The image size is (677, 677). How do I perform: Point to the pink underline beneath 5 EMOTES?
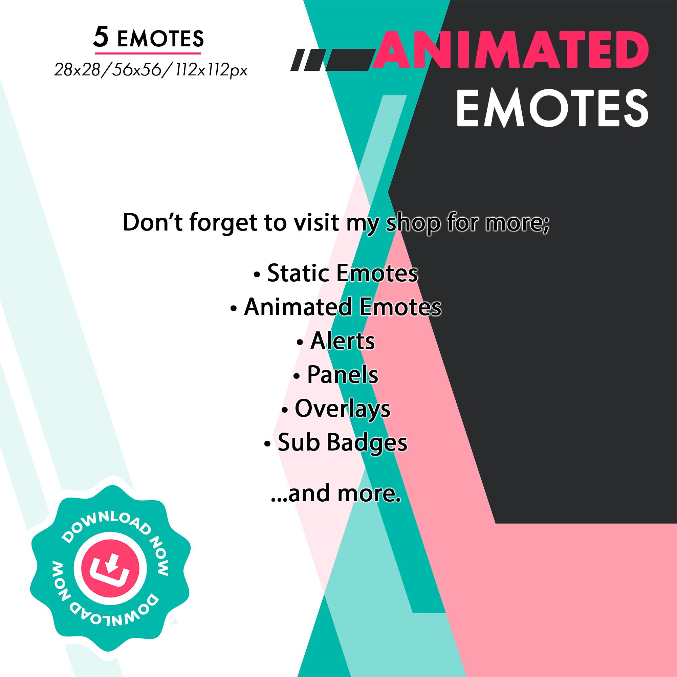coord(148,53)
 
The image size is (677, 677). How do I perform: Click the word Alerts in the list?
coord(342,341)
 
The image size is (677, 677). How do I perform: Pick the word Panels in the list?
coord(342,374)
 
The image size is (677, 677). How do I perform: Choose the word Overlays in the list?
coord(342,408)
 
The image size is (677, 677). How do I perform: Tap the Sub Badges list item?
coord(342,442)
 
